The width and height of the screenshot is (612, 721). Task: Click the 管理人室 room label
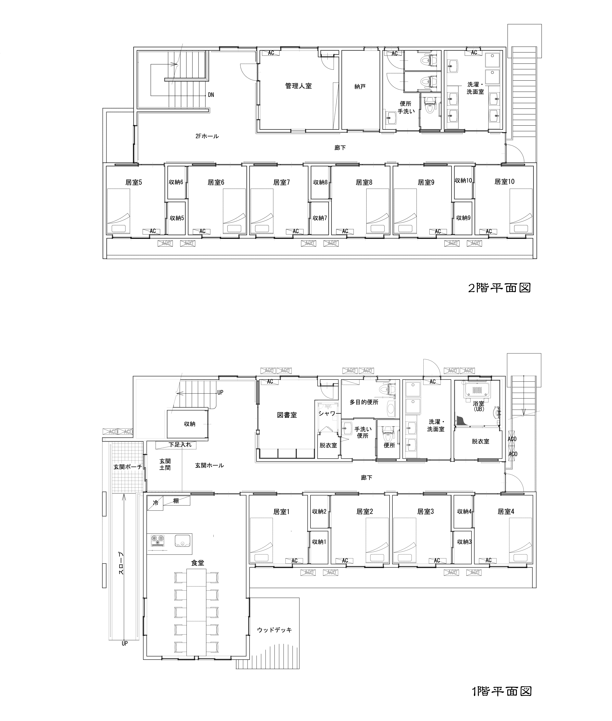pyautogui.click(x=298, y=86)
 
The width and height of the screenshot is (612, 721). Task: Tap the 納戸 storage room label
pyautogui.click(x=360, y=86)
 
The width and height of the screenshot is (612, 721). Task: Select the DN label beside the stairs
pyautogui.click(x=211, y=95)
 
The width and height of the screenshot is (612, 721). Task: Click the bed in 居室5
pyautogui.click(x=118, y=211)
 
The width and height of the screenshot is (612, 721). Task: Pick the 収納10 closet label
pyautogui.click(x=463, y=180)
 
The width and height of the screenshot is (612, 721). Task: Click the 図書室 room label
pyautogui.click(x=287, y=415)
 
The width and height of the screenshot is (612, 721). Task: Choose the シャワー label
pyautogui.click(x=327, y=414)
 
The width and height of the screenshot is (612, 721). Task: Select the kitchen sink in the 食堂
pyautogui.click(x=181, y=541)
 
